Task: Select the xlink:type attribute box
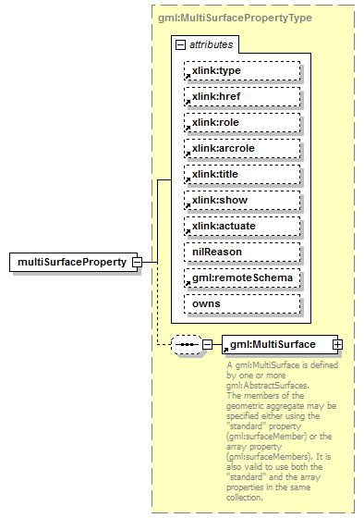click(x=242, y=70)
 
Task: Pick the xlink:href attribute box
click(x=242, y=96)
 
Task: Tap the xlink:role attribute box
click(x=242, y=122)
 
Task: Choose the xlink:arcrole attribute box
click(x=242, y=148)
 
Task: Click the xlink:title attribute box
click(x=242, y=174)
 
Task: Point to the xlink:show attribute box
click(x=242, y=200)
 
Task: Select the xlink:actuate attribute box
click(x=242, y=226)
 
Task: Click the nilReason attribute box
click(x=242, y=252)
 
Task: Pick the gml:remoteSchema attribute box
click(x=242, y=277)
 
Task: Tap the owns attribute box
click(x=242, y=303)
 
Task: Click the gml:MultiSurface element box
click(x=275, y=344)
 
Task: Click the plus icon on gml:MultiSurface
click(x=337, y=344)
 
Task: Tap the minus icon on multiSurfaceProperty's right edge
click(x=138, y=263)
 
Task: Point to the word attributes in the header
click(x=212, y=43)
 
